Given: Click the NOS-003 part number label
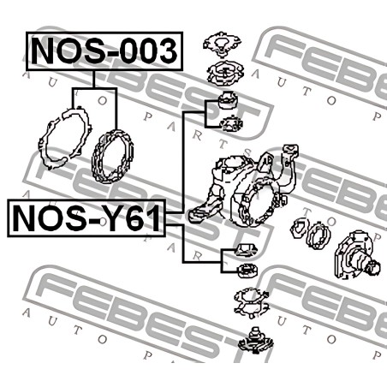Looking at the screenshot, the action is coord(104,51).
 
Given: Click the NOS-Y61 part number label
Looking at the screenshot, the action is coord(86,218).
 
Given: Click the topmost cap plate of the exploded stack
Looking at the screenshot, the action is coord(222,44).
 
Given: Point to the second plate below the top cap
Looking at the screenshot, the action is coord(225,74).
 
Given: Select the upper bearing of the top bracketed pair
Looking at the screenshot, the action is coord(228,100).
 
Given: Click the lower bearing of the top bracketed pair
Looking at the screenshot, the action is coord(231,123).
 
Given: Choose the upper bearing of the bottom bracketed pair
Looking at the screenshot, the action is coord(246,250).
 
